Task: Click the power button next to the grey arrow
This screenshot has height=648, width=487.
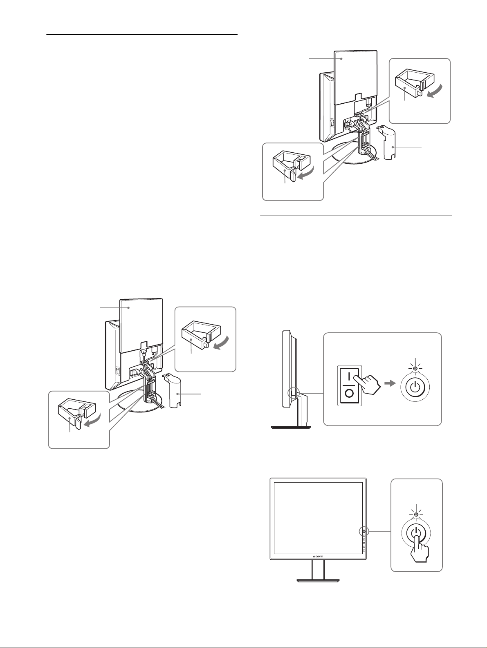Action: click(415, 387)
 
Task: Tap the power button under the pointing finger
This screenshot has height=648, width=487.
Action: click(416, 533)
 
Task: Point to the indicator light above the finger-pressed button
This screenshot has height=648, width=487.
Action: click(416, 514)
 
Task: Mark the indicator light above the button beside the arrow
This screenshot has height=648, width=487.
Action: click(415, 368)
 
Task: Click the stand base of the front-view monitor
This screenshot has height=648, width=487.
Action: click(318, 579)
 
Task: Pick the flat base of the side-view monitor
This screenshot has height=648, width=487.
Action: click(293, 427)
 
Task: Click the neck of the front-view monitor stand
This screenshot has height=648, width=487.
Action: click(318, 569)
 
